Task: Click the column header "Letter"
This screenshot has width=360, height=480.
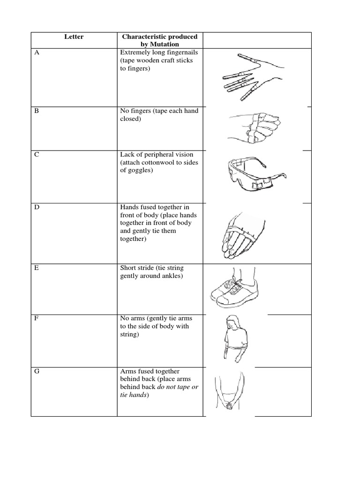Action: click(x=74, y=37)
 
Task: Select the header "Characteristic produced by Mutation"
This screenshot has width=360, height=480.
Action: click(x=159, y=40)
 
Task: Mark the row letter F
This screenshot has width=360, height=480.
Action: click(x=37, y=319)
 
